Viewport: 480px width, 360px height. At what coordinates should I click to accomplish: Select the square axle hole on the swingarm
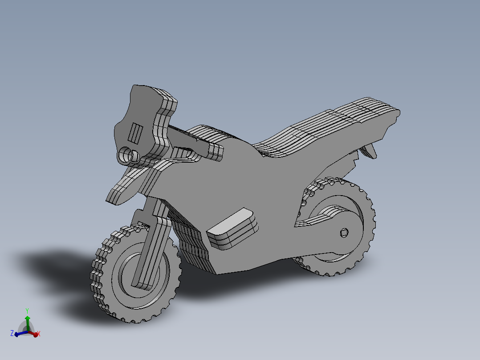344,232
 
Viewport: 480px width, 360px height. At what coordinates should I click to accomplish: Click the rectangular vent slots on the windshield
135,133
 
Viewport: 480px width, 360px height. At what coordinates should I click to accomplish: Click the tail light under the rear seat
370,151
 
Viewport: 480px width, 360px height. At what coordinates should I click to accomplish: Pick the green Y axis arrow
27,320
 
